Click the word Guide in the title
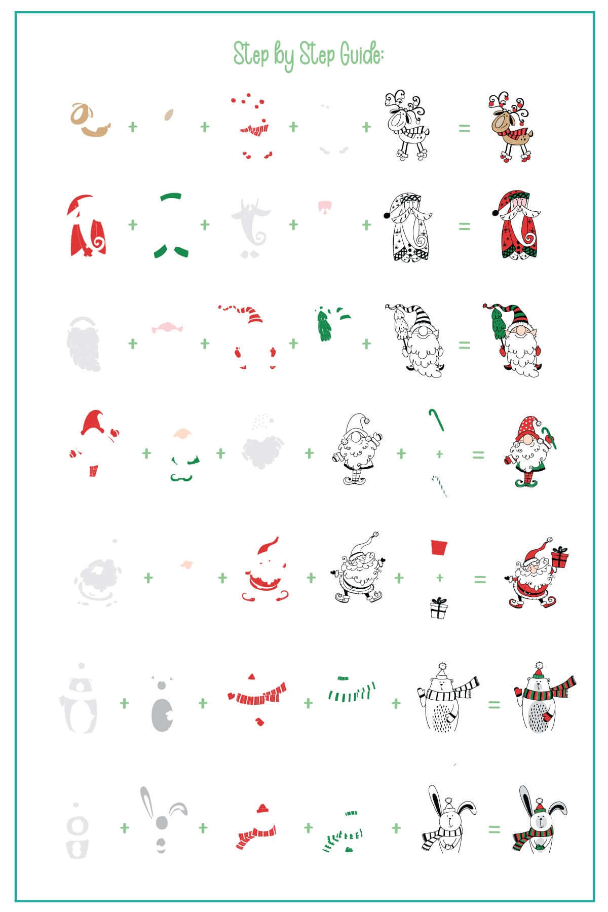[x=361, y=54]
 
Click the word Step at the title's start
[x=250, y=53]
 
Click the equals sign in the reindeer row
[x=464, y=128]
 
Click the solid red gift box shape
[x=439, y=548]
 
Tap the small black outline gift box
[x=439, y=608]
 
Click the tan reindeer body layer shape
[x=89, y=122]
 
